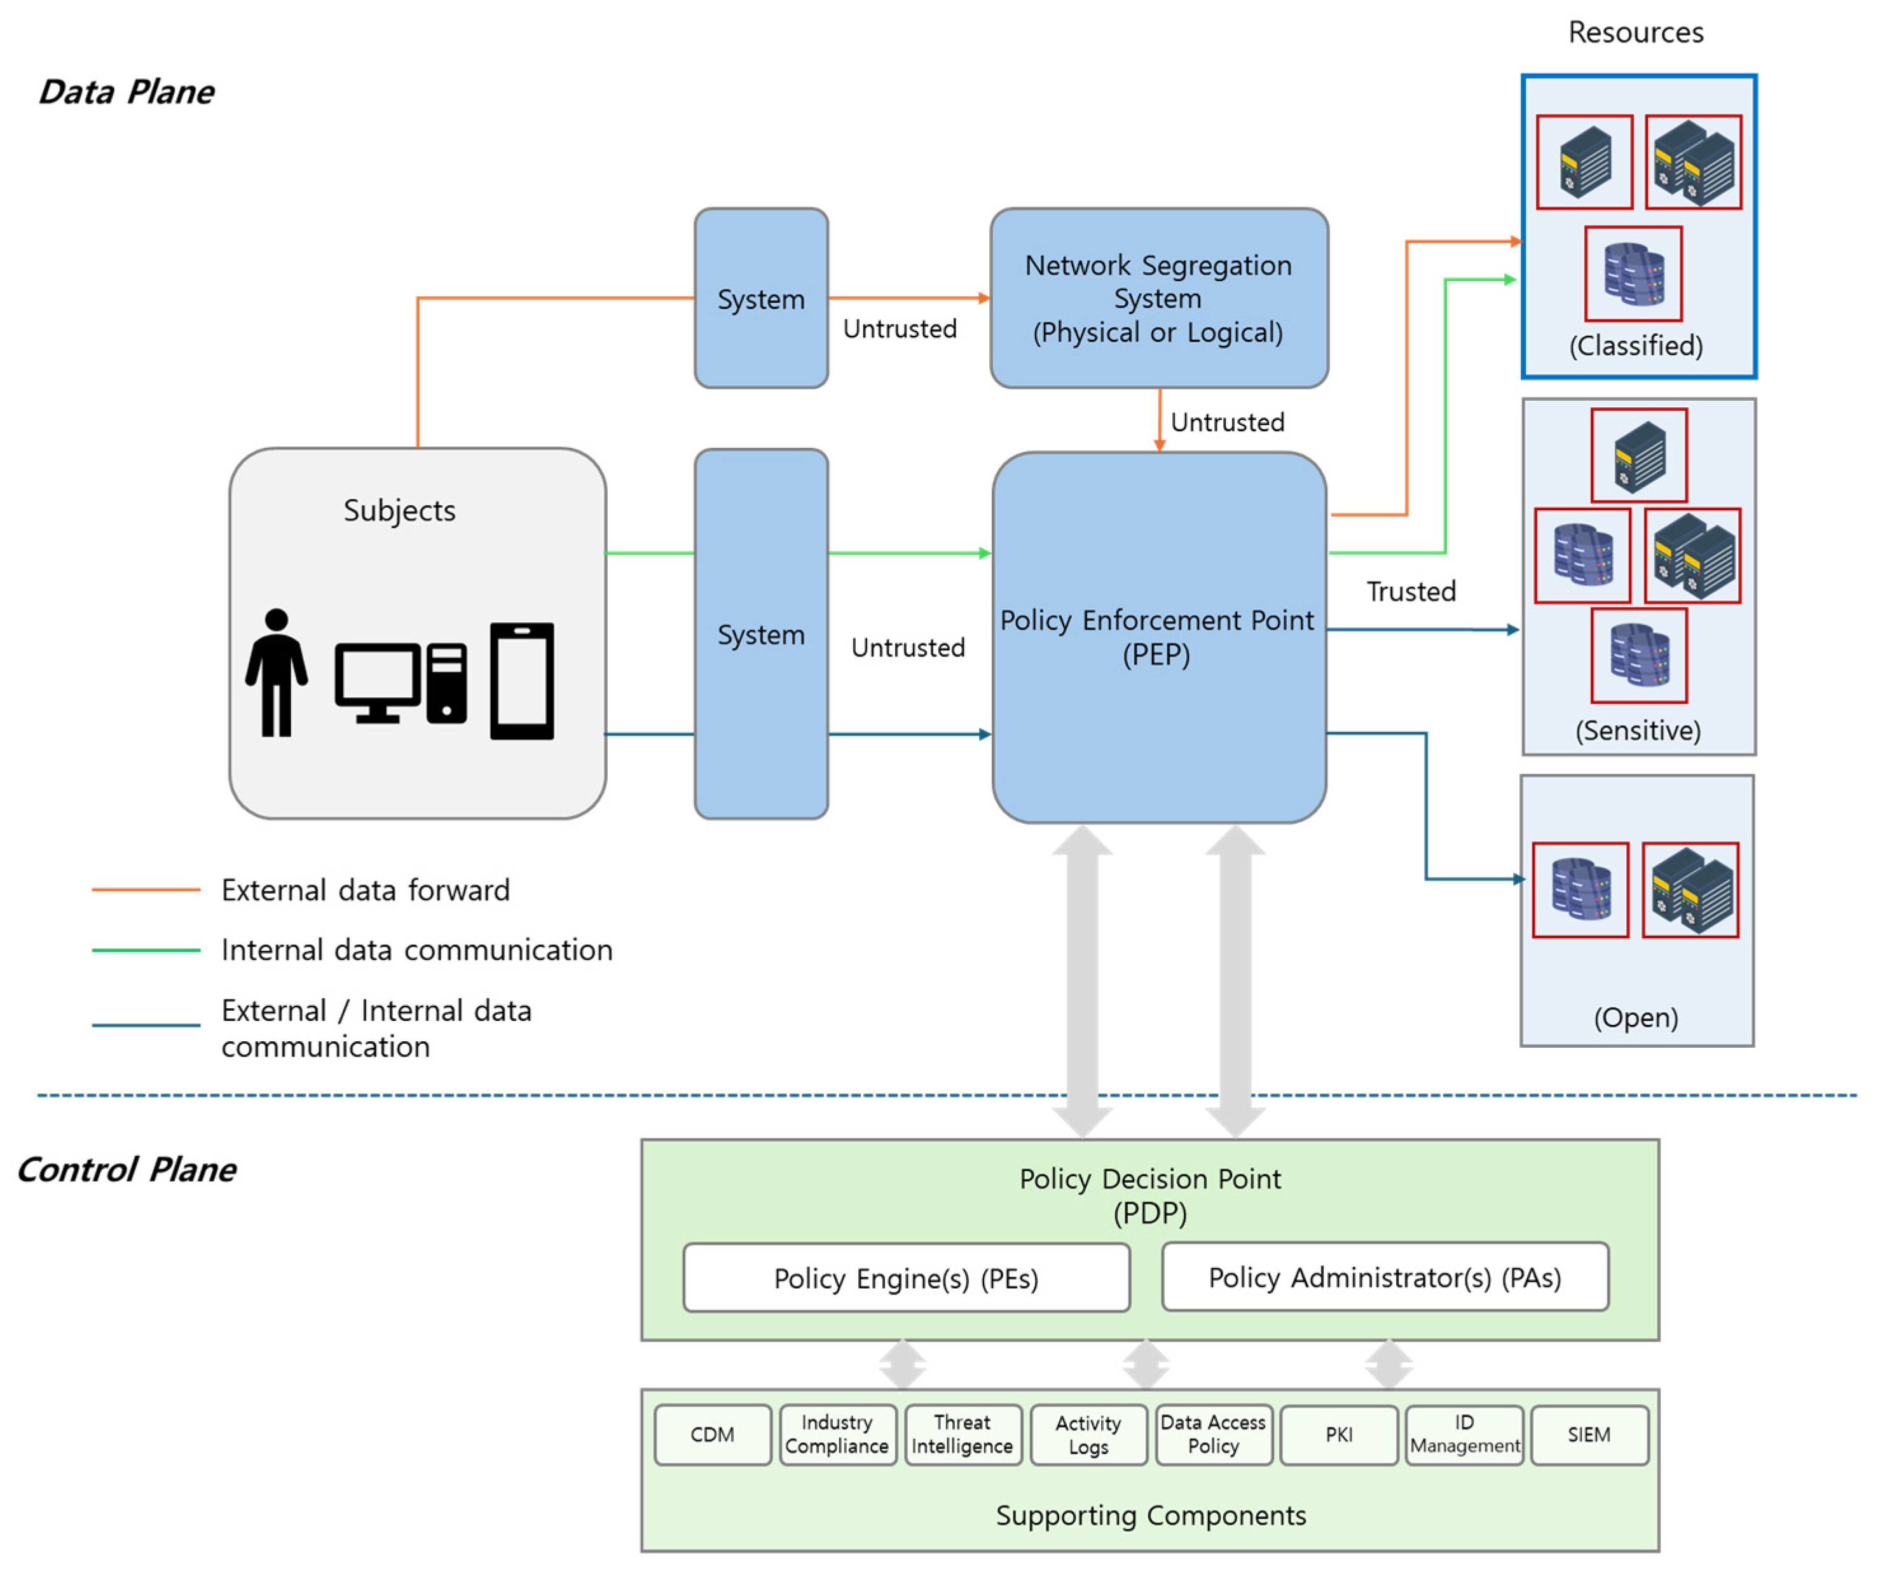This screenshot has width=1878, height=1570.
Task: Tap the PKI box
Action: coord(1339,1435)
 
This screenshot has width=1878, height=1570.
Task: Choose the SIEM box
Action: coord(1589,1435)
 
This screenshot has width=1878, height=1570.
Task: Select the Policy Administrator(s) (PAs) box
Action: coord(1385,1277)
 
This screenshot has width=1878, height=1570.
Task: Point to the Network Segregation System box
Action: coord(1158,298)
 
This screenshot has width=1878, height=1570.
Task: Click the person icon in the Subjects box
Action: coord(277,673)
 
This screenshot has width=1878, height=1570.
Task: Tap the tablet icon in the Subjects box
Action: coord(522,682)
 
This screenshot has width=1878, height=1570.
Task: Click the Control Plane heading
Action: coord(126,1169)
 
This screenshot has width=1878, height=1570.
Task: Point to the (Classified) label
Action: coord(1636,345)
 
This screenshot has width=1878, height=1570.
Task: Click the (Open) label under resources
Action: coord(1636,1017)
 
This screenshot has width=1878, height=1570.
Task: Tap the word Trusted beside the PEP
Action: coord(1411,592)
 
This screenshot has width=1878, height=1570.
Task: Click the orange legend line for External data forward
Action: coord(146,889)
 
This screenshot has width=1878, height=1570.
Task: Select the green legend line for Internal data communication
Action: coord(146,949)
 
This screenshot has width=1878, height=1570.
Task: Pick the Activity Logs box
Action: coord(1088,1435)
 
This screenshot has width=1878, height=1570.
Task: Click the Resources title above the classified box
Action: coord(1636,32)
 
